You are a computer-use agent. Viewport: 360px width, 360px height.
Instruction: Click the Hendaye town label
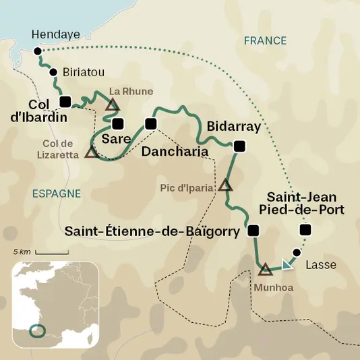coord(52,34)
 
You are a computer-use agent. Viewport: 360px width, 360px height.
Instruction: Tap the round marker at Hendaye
coord(37,51)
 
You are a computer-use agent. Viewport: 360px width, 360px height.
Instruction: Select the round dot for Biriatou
coord(53,72)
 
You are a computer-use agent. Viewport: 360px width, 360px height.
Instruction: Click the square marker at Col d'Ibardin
coord(65,102)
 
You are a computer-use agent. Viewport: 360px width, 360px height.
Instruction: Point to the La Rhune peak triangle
coord(113,104)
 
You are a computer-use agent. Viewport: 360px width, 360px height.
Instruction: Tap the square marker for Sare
coord(118,123)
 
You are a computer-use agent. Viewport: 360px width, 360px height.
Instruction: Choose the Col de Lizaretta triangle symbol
coord(91,153)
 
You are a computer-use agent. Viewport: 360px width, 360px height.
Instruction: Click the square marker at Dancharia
coord(150,123)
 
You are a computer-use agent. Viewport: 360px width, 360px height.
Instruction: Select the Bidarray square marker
coord(237,145)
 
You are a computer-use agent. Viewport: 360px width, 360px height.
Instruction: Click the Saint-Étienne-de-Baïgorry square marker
coord(253,231)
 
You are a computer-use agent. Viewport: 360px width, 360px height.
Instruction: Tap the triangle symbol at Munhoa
coord(265,270)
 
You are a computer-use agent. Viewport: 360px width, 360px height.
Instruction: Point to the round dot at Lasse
coord(296,253)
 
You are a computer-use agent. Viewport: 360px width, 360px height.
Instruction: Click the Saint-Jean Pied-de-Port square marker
coord(305,231)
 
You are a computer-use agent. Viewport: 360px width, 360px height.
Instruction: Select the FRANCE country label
coord(265,40)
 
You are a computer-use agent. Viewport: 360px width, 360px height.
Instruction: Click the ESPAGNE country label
coord(56,193)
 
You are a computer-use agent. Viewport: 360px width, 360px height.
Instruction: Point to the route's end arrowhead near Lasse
coord(288,265)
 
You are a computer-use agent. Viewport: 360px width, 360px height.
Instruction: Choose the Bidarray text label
coord(234,127)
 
